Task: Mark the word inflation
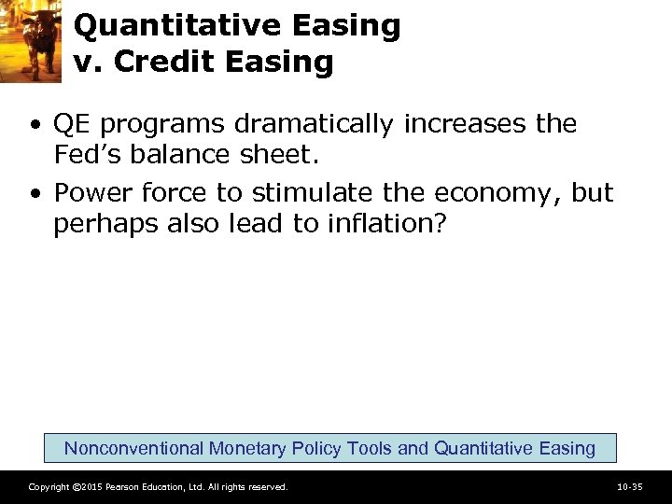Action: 378,225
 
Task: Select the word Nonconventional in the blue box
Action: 133,448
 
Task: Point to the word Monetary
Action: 247,448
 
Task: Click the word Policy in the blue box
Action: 315,448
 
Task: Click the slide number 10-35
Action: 630,487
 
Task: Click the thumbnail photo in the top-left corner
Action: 31,41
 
